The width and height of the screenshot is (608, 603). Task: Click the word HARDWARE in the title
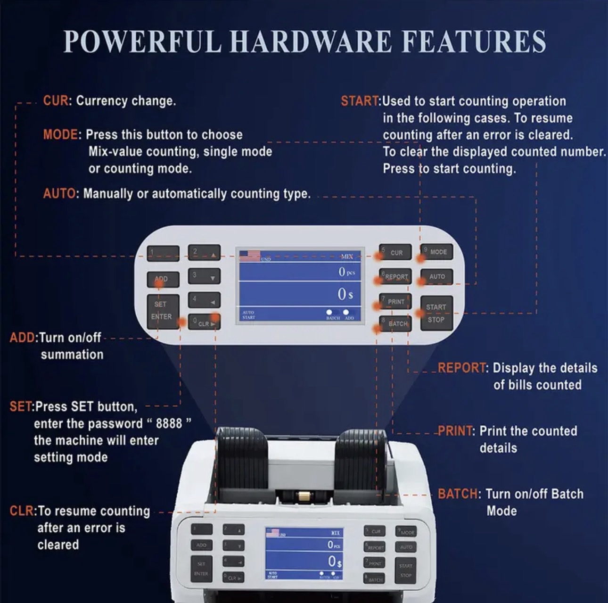click(x=311, y=41)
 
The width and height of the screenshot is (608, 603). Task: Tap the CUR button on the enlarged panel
click(x=396, y=253)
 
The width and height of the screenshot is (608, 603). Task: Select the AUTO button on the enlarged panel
click(x=436, y=277)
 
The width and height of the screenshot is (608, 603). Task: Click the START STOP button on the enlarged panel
click(x=436, y=313)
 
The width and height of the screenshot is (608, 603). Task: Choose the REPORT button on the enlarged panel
click(x=396, y=277)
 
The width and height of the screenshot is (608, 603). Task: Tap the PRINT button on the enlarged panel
click(x=395, y=301)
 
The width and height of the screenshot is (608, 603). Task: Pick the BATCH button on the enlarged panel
click(x=396, y=324)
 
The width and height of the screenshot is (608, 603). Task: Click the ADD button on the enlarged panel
click(x=163, y=279)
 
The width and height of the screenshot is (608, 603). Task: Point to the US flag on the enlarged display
click(x=249, y=256)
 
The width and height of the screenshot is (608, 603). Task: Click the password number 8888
click(x=169, y=423)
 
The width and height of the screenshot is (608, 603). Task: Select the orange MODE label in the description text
click(x=61, y=135)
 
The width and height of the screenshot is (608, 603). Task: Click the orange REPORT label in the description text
click(x=462, y=368)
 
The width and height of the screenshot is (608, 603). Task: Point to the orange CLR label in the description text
click(x=22, y=511)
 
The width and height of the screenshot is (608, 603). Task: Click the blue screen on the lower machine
click(x=304, y=553)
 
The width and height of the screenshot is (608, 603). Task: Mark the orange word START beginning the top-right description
click(x=360, y=101)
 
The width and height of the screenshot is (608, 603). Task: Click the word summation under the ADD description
click(x=72, y=355)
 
